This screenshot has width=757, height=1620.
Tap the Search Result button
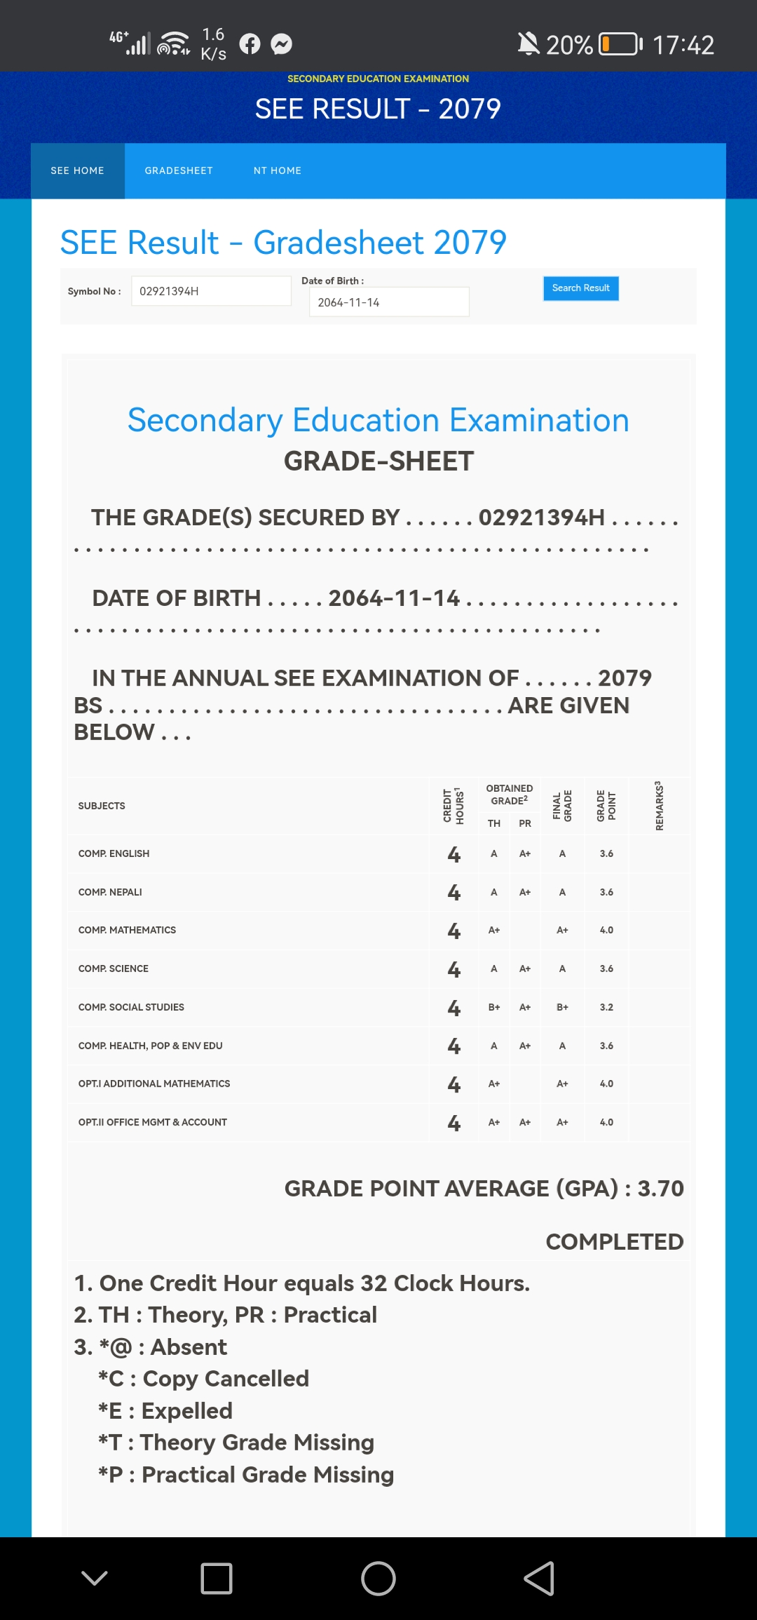coord(580,288)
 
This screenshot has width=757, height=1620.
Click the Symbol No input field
coord(210,291)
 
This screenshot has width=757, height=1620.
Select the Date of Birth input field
coord(388,302)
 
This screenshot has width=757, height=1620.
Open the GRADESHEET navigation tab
coord(179,170)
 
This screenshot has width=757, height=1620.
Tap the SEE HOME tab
coord(77,170)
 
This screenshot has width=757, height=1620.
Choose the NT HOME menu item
coord(278,170)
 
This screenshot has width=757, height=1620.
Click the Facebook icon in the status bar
coord(250,44)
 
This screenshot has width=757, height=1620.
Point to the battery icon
coord(620,44)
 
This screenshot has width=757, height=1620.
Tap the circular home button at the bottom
coord(378,1579)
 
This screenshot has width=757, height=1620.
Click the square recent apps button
coord(217,1579)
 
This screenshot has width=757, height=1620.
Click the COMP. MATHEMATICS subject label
coord(127,930)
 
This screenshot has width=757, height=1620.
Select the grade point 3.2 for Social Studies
coord(606,1007)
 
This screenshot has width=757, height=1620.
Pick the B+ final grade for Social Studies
coord(562,1007)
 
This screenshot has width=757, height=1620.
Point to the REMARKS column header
coord(659,806)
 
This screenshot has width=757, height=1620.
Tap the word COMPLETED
coord(614,1241)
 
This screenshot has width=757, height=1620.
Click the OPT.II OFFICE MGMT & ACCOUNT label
coord(153,1122)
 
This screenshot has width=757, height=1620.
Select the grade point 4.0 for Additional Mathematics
coord(606,1084)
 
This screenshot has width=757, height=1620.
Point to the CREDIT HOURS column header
coord(453,806)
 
